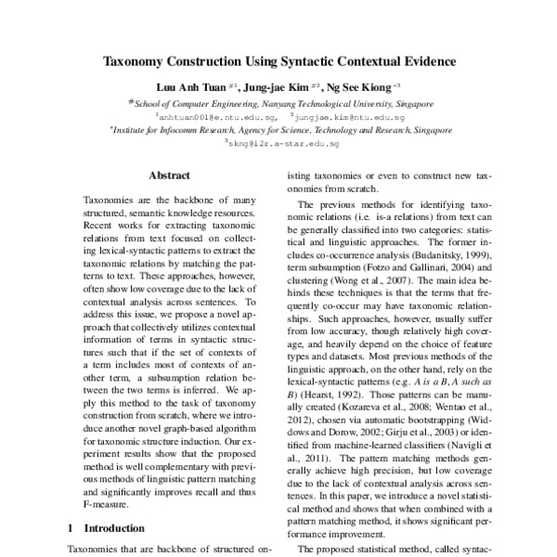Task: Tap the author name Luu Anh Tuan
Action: (180, 89)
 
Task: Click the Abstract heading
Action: (169, 175)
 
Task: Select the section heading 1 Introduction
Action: (106, 528)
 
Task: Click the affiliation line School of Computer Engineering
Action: (278, 106)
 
